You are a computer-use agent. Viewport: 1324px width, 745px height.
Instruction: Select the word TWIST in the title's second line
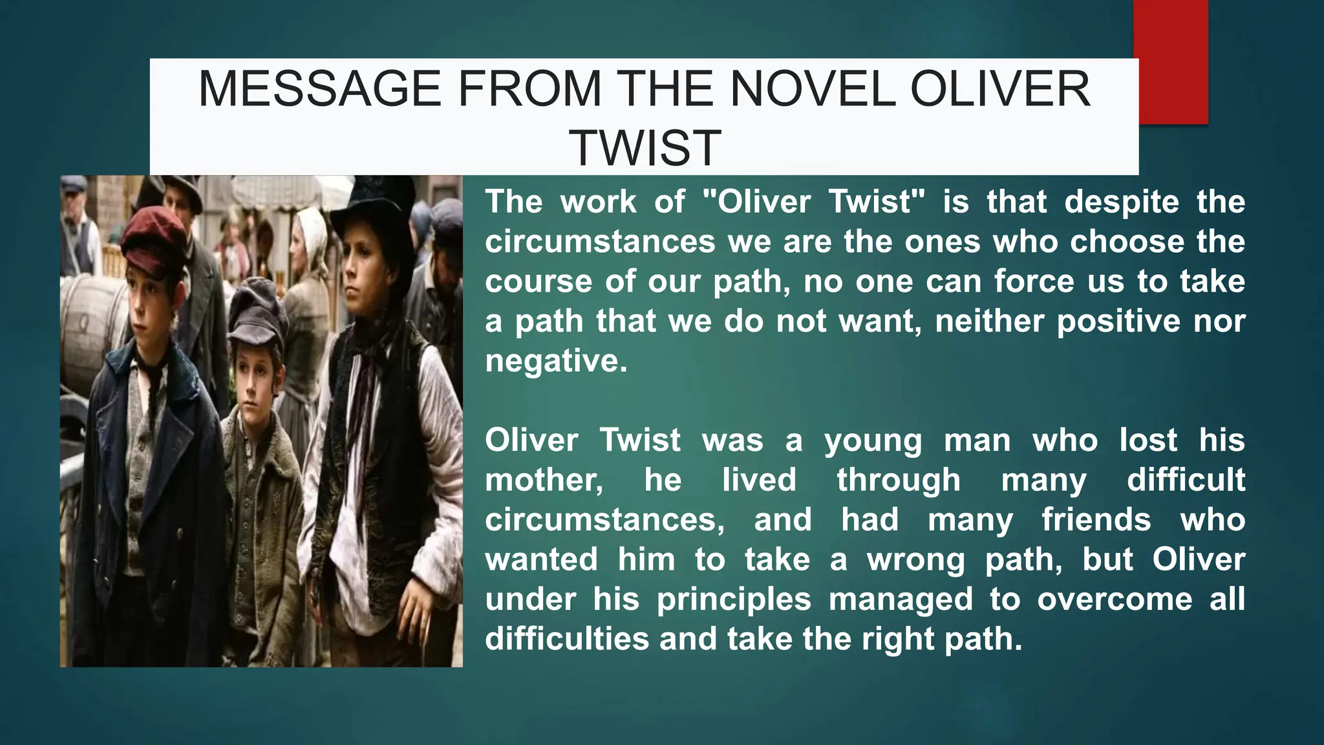(x=645, y=147)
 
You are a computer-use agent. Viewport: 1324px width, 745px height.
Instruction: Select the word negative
(x=555, y=361)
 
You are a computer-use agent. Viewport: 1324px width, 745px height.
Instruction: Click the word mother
(x=544, y=480)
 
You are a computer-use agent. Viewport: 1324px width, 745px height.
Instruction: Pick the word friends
(x=1096, y=520)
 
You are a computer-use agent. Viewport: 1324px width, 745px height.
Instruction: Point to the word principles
(x=734, y=599)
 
